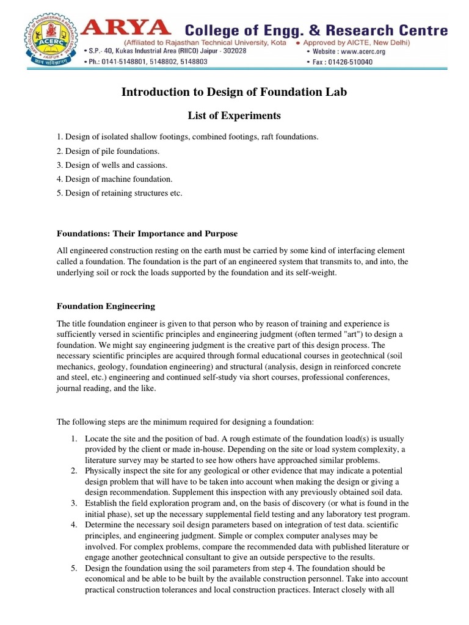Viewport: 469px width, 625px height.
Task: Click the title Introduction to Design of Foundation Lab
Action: (x=234, y=92)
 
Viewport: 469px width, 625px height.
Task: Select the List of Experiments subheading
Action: (x=234, y=115)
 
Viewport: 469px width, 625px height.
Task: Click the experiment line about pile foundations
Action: (x=108, y=151)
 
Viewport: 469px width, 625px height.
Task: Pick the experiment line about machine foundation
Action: (x=115, y=179)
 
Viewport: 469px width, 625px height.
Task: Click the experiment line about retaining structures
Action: (x=120, y=193)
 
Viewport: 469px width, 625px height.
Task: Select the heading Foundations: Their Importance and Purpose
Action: (x=147, y=234)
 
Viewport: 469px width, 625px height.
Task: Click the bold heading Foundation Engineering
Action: (x=106, y=306)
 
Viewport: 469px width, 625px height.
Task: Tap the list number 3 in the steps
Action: (x=73, y=503)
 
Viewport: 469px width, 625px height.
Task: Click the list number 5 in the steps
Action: (x=73, y=568)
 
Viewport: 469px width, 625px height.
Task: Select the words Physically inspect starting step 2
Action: (x=114, y=471)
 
